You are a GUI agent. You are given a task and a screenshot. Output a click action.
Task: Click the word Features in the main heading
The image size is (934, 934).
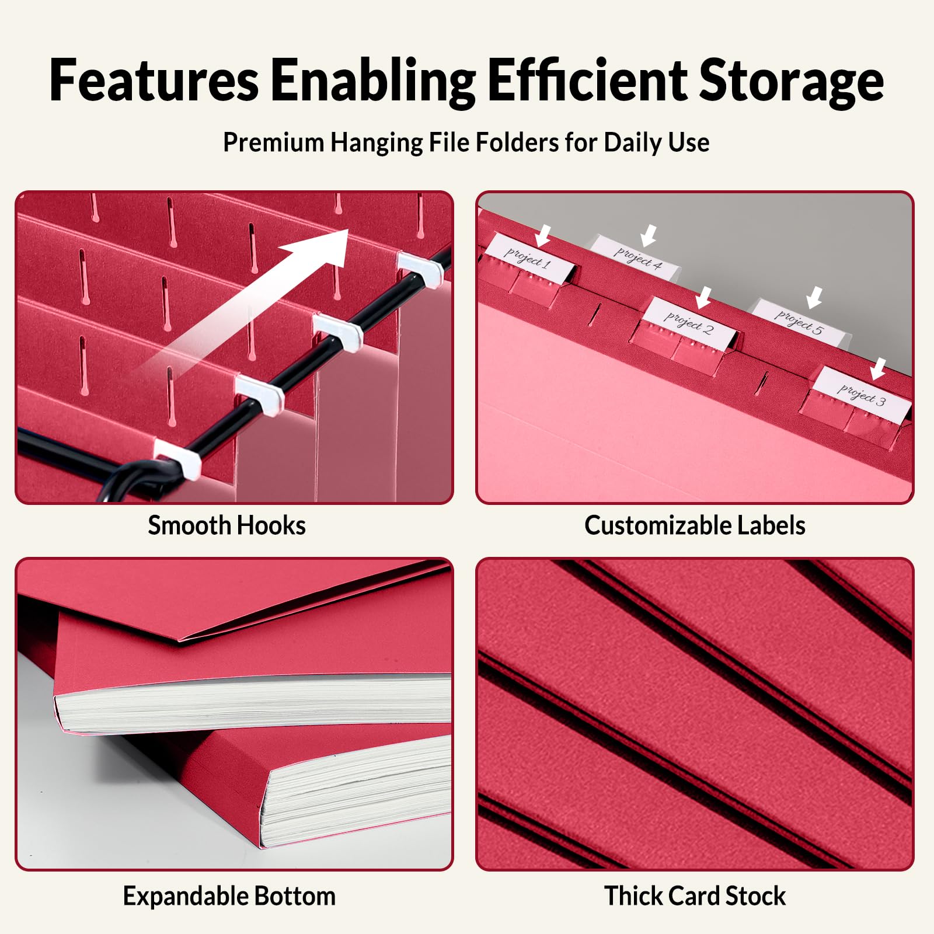pos(154,80)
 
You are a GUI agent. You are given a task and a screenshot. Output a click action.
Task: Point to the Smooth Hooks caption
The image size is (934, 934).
pos(226,525)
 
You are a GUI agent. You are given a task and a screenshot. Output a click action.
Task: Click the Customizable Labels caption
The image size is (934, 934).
pos(695,525)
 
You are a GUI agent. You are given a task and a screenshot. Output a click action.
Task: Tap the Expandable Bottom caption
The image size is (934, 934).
pos(229,896)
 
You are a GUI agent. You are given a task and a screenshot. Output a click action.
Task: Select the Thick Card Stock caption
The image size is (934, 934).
pos(695,896)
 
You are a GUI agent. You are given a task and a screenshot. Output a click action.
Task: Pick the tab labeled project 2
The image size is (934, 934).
pos(689,323)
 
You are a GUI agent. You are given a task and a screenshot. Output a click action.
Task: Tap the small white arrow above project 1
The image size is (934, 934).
pos(543,235)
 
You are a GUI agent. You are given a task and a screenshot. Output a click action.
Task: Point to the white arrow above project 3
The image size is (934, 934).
pos(877,369)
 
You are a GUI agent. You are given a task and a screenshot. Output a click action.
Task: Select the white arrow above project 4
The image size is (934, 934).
pos(648,236)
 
